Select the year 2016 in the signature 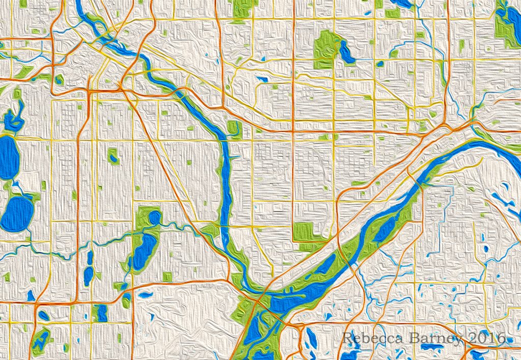point(485,338)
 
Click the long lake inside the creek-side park point(142,251)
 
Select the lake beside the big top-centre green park point(347,52)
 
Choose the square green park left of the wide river point(304,233)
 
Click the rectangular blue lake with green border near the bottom point(101,313)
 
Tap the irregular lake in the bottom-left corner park point(41,340)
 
